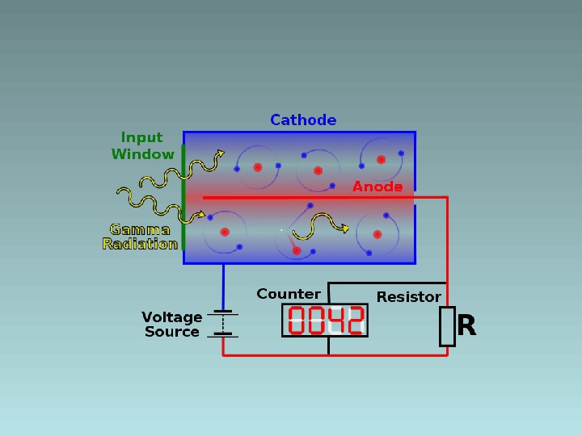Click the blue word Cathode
[303, 120]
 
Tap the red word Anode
[377, 187]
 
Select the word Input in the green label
[141, 138]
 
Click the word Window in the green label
[142, 154]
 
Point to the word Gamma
[140, 229]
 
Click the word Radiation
[140, 244]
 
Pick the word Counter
[289, 294]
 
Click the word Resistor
[409, 297]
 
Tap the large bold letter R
[466, 326]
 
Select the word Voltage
[171, 317]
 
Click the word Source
[171, 332]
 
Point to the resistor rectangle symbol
[447, 326]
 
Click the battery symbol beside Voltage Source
[223, 323]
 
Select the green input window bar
[183, 197]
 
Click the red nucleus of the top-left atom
[258, 167]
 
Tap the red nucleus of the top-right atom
[381, 159]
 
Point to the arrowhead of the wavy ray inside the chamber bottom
[346, 228]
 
